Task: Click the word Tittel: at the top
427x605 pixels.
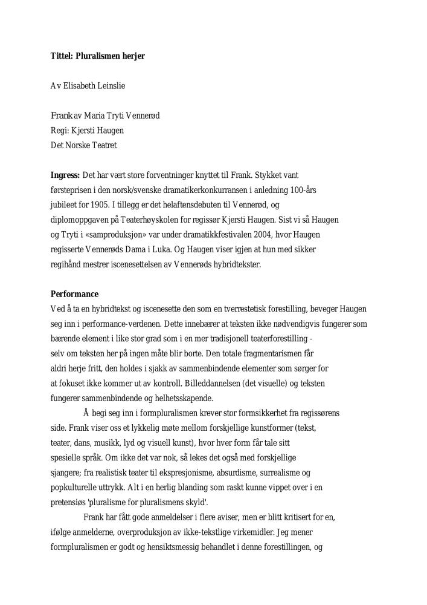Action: [x=62, y=56]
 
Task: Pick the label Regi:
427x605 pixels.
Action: [x=60, y=130]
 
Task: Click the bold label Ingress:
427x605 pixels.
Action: [x=65, y=175]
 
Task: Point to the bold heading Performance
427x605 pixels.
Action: [x=74, y=294]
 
